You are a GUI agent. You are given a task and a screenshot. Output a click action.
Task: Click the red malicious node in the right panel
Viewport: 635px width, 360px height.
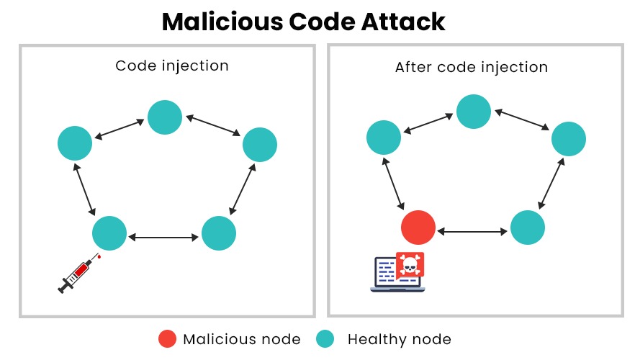pyautogui.click(x=418, y=228)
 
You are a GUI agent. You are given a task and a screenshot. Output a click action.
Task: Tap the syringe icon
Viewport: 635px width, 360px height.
pyautogui.click(x=77, y=274)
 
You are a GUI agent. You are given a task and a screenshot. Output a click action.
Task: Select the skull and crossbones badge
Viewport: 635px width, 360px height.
pyautogui.click(x=410, y=265)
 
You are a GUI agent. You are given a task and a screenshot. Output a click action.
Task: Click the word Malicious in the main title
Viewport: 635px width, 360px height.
pyautogui.click(x=222, y=22)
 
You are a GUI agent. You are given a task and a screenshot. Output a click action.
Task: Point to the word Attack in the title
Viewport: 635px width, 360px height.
pyautogui.click(x=403, y=22)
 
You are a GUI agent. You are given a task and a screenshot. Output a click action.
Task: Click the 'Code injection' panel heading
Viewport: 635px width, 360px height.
pyautogui.click(x=172, y=66)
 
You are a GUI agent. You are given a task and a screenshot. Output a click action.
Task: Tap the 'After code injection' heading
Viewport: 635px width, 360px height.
pyautogui.click(x=472, y=67)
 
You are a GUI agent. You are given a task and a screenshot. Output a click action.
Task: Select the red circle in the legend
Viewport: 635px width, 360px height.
pyautogui.click(x=167, y=339)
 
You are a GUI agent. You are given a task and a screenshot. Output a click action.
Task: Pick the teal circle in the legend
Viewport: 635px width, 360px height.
pyautogui.click(x=325, y=339)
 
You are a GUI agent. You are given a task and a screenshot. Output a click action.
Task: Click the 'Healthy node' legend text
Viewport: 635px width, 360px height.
pyautogui.click(x=400, y=339)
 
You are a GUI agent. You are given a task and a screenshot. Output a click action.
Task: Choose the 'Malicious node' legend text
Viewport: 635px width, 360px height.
pyautogui.click(x=242, y=339)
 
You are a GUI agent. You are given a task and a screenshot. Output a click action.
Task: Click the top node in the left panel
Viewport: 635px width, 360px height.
pyautogui.click(x=165, y=117)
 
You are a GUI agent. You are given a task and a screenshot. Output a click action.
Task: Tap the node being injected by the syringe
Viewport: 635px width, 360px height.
pyautogui.click(x=109, y=233)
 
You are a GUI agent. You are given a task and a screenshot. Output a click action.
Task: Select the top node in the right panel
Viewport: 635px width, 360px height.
pyautogui.click(x=474, y=112)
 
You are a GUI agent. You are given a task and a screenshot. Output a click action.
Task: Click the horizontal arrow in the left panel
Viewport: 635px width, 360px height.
pyautogui.click(x=163, y=238)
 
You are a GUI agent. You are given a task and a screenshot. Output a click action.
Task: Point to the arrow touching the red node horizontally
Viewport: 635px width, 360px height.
pyautogui.click(x=472, y=232)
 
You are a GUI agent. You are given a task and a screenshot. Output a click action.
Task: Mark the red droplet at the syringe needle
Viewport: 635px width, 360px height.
pyautogui.click(x=99, y=256)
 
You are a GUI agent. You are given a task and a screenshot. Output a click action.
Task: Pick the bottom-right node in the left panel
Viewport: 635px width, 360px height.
pyautogui.click(x=219, y=233)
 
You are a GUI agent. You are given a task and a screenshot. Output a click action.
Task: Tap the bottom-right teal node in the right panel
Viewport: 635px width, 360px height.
pyautogui.click(x=528, y=228)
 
